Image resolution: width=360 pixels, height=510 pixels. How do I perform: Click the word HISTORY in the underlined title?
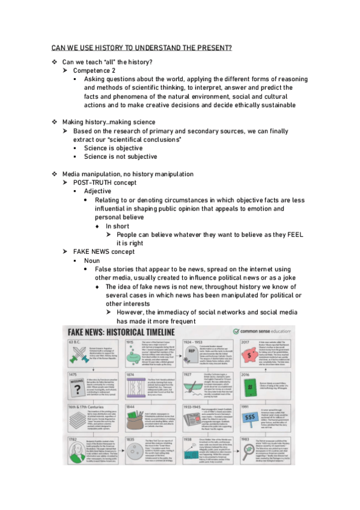[x=115, y=48]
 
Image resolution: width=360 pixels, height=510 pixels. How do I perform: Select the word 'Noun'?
[x=92, y=260]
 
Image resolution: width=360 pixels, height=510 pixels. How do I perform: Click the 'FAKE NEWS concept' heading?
[x=104, y=251]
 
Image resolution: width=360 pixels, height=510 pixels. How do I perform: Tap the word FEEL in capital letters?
[x=296, y=234]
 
